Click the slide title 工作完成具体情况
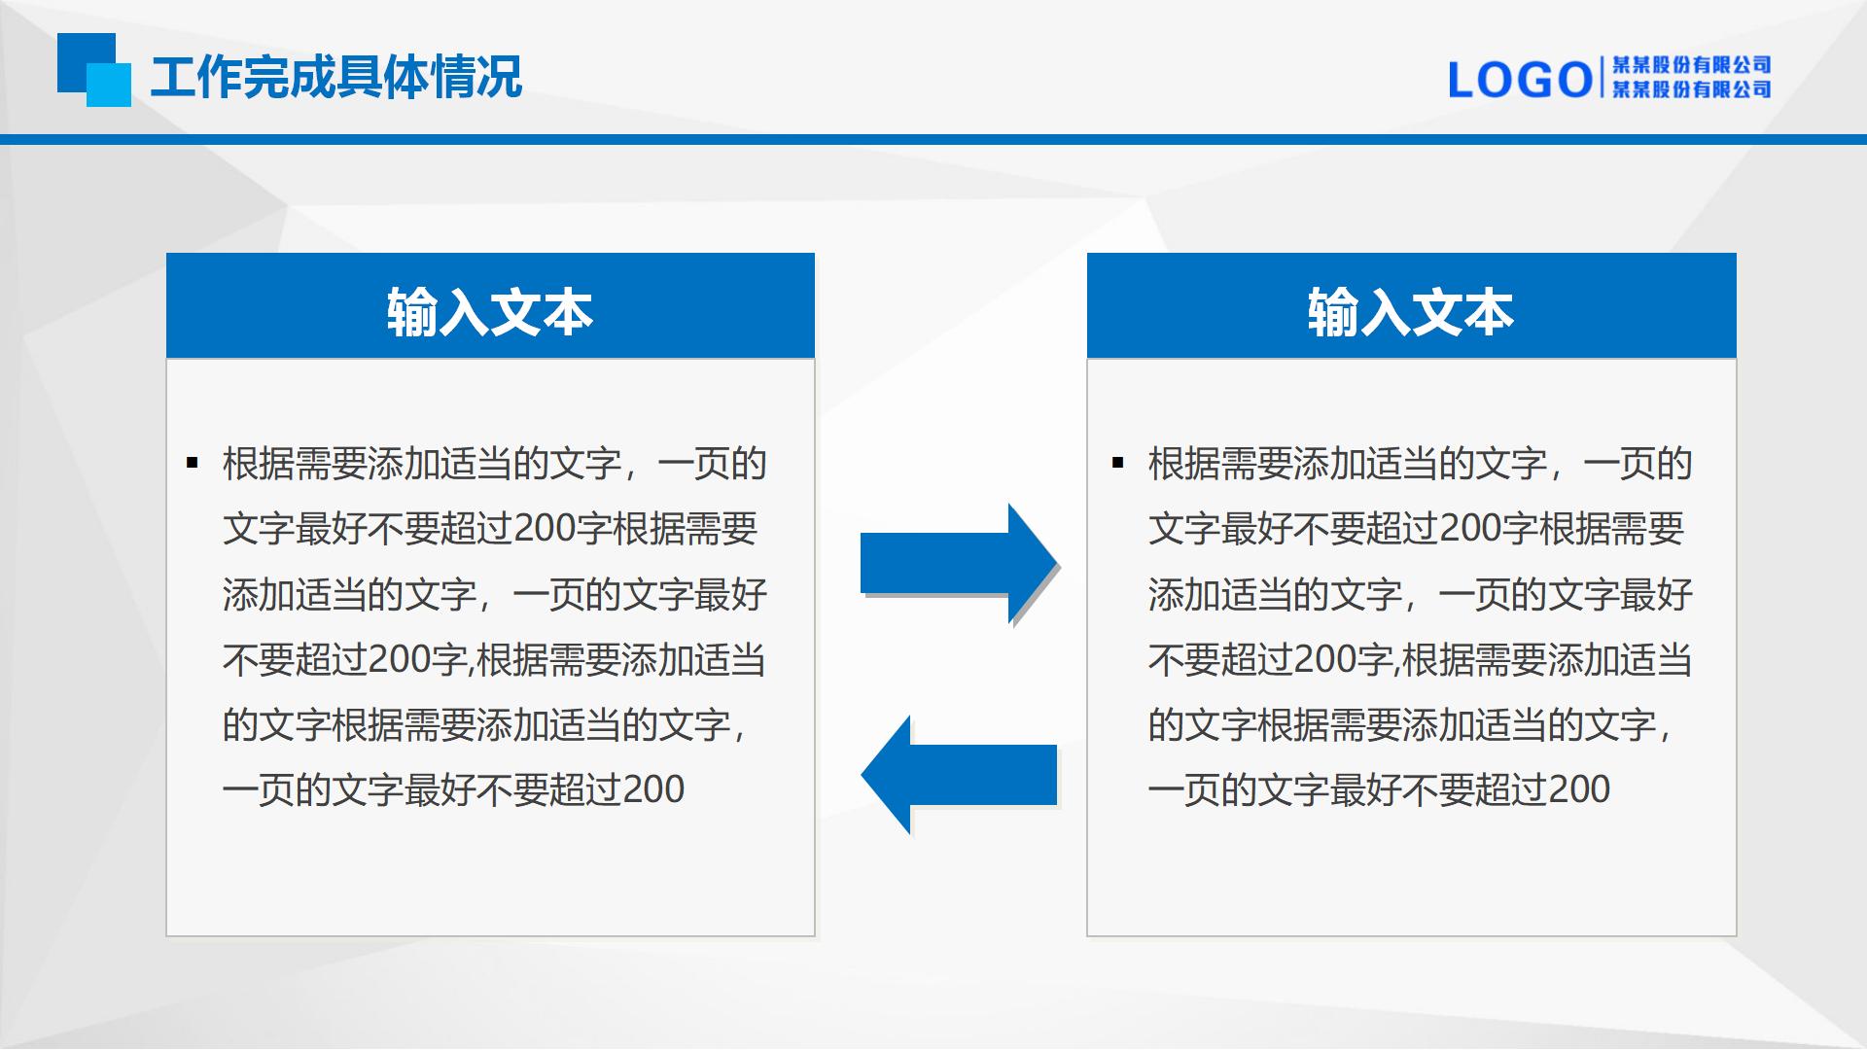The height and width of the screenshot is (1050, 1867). [x=336, y=77]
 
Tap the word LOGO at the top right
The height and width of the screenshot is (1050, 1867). [x=1520, y=80]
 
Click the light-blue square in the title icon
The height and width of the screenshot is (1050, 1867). [x=109, y=85]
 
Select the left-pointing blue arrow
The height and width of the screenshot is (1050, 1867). [x=959, y=775]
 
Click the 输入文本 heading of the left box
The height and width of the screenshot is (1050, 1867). [x=490, y=312]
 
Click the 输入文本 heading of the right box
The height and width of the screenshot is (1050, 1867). [x=1411, y=312]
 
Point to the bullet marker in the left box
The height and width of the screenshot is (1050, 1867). [x=192, y=463]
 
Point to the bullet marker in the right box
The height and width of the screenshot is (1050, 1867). [x=1117, y=463]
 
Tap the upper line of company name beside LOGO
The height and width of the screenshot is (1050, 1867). [x=1692, y=65]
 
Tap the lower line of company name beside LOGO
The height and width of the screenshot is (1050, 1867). [x=1692, y=89]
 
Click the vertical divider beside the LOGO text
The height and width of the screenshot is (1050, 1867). [x=1602, y=79]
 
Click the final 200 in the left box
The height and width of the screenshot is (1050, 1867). [x=653, y=789]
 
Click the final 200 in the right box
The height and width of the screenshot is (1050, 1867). [x=1579, y=789]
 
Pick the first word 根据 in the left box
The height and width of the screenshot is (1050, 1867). [x=259, y=464]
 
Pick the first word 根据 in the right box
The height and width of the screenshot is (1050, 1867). [x=1184, y=464]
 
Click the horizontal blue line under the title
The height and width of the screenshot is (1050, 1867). [x=933, y=139]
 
